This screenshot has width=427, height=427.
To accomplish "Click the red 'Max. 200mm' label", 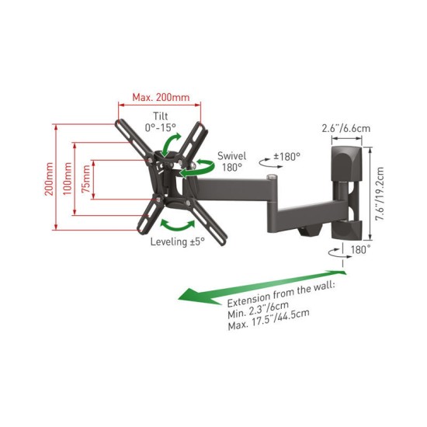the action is (161, 97).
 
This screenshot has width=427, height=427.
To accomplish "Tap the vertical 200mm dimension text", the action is (49, 179).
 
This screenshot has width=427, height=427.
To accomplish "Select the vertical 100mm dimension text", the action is (68, 179).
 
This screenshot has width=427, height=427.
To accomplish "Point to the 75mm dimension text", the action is (86, 179).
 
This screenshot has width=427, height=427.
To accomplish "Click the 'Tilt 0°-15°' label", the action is (161, 122).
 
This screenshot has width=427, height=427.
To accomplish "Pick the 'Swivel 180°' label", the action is (232, 161).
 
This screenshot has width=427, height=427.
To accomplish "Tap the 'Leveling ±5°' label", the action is (178, 241).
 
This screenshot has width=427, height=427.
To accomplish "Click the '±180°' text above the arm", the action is (286, 157).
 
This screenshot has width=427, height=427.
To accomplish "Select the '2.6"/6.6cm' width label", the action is (346, 128).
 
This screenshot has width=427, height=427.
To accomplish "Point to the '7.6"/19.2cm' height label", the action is (380, 194).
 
